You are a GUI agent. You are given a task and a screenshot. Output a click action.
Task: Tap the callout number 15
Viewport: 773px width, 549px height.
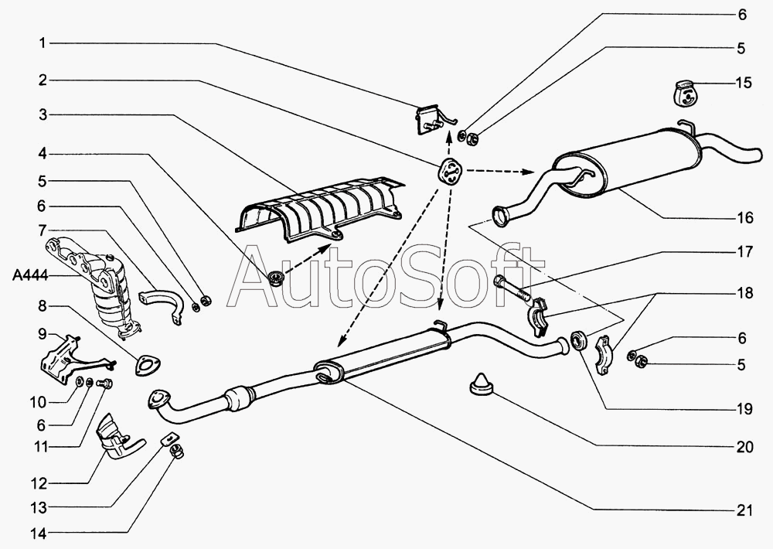(743, 84)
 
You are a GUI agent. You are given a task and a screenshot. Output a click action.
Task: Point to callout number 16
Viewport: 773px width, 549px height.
(744, 218)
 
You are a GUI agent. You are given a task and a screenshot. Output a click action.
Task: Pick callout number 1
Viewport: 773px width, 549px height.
(42, 43)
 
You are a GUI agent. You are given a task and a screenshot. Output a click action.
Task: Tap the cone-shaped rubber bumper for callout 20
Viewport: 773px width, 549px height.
(482, 382)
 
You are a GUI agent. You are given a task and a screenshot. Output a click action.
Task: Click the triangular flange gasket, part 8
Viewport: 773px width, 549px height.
(144, 363)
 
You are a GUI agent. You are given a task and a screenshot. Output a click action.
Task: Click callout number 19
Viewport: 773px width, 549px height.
(744, 411)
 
